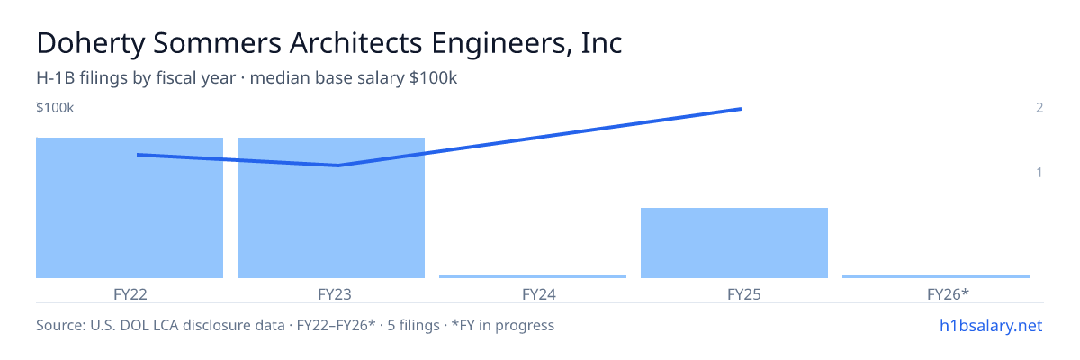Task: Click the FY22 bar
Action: (130, 208)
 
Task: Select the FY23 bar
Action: (331, 208)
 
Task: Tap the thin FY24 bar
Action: (533, 276)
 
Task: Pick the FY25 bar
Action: (734, 243)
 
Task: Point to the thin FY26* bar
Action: (936, 276)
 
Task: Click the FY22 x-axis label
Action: (130, 294)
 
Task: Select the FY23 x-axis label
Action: (335, 294)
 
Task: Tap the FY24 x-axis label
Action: (539, 294)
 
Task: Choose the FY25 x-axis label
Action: (744, 294)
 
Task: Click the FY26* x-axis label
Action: (948, 294)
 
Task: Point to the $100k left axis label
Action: (55, 108)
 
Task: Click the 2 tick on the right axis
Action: (1039, 108)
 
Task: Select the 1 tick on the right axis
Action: (1039, 172)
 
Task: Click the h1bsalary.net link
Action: (991, 325)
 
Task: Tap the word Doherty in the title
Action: (91, 44)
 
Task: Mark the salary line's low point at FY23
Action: (338, 166)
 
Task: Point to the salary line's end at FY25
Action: (741, 109)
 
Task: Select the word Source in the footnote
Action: (61, 325)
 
